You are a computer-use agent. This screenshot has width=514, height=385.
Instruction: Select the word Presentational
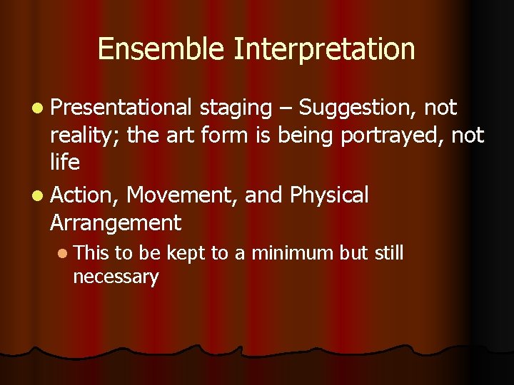click(x=121, y=108)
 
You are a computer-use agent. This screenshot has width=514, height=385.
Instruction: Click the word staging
click(x=236, y=108)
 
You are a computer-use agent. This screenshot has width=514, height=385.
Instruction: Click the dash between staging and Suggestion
click(x=286, y=108)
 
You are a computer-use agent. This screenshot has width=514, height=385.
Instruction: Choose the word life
click(x=65, y=163)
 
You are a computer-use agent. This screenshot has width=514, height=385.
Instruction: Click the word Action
click(x=85, y=195)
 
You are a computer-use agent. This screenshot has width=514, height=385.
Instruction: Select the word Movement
click(x=182, y=195)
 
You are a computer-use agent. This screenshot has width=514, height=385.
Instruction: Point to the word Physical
click(x=329, y=195)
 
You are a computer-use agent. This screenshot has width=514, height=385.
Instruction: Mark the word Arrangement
click(x=116, y=223)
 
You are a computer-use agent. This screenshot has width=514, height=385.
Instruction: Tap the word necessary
click(x=115, y=277)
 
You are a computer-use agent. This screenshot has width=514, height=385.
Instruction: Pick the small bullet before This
click(x=64, y=254)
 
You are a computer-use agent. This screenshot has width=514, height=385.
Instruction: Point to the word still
click(x=390, y=253)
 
